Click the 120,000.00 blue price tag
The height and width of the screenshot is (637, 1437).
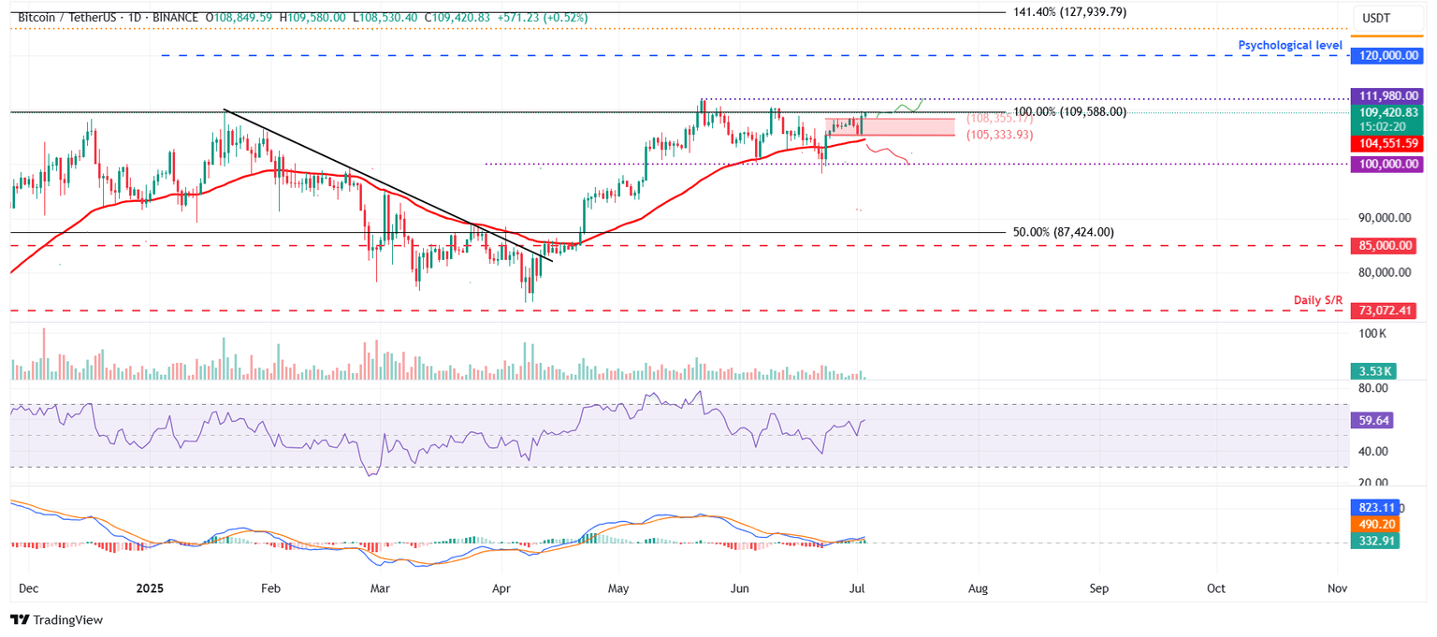(1386, 56)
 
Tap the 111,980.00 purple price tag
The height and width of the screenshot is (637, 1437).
(1386, 95)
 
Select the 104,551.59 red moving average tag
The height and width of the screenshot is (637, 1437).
(1386, 144)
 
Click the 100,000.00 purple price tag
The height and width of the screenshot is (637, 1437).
(1386, 164)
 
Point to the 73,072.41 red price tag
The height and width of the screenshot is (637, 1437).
(1386, 311)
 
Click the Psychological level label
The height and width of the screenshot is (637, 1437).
(1290, 45)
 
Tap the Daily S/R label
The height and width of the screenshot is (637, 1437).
(1317, 299)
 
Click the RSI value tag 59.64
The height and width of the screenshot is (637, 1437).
(1372, 421)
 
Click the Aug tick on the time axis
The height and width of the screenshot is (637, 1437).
(979, 589)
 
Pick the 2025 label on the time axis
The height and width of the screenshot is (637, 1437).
(150, 589)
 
